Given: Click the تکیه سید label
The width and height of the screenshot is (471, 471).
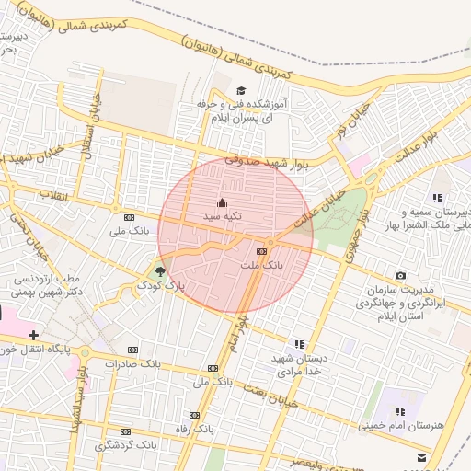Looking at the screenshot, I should click(222, 216).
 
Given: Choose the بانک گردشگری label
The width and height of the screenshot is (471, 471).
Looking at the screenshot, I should click(125, 445).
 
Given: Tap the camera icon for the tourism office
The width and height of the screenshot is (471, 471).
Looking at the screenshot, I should click(400, 275).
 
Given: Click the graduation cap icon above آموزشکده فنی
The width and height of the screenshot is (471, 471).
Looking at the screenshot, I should click(241, 90).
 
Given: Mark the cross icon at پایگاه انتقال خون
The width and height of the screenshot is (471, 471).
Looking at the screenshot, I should click(34, 334).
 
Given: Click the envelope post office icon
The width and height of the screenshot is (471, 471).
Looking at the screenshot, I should click(421, 456).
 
